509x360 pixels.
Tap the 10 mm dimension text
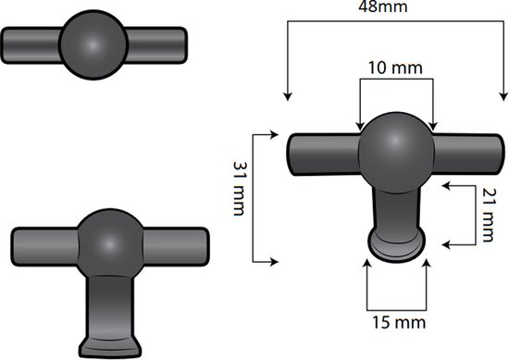(x=396, y=68)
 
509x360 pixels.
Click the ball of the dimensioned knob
(x=396, y=148)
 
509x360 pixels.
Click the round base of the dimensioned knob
(x=397, y=244)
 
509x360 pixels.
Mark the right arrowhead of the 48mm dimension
(x=503, y=95)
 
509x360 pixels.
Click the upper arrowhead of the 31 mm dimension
(x=274, y=133)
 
